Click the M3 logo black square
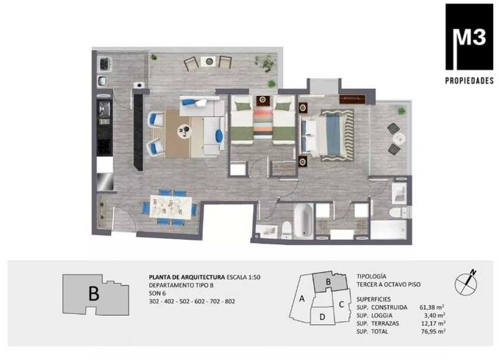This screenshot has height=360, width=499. coord(469,37)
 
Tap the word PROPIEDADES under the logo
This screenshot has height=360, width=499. coord(469,81)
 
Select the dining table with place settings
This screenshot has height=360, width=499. coord(171,207)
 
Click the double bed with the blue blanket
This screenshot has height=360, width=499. coord(327,135)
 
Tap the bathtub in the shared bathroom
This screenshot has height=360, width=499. coord(303,221)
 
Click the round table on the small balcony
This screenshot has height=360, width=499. coord(398,139)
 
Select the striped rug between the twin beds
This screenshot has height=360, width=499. coord(263,121)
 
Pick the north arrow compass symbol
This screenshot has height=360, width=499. coord(466,282)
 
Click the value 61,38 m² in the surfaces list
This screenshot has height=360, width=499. coord(431,307)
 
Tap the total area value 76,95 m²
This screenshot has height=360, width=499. coord(432,331)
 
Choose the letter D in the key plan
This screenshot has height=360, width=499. coord(322,317)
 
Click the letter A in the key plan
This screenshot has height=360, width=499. coord(302,298)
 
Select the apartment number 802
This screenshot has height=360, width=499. coord(230,301)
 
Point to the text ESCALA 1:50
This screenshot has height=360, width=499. coord(244,277)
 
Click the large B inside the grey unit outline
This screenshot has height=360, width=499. coord(94,293)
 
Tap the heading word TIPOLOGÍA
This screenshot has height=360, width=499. coord(371,276)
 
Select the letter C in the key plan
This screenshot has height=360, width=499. coord(341,304)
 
